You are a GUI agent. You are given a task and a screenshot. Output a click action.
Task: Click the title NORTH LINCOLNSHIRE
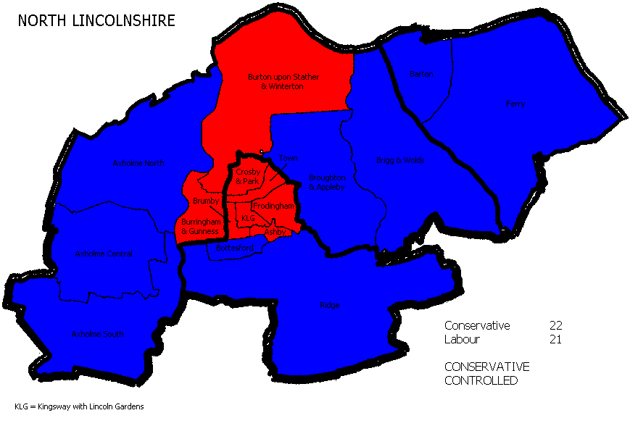[96, 20]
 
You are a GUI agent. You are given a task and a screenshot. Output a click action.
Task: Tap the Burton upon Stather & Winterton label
[283, 81]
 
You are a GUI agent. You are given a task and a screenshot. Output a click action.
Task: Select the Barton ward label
[420, 74]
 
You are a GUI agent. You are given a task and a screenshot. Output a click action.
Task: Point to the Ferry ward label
[515, 104]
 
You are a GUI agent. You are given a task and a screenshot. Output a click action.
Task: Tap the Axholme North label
[134, 164]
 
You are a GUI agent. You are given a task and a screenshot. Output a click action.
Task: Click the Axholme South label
[98, 335]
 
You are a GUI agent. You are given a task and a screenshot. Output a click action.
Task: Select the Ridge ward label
[329, 306]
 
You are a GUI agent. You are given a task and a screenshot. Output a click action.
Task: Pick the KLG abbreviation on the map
[248, 217]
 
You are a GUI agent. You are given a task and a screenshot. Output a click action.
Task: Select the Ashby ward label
[275, 232]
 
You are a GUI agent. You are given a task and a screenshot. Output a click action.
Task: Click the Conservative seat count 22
[556, 325]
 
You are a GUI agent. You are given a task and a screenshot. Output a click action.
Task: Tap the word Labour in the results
[463, 339]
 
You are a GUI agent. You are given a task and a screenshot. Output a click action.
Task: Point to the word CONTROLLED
[481, 380]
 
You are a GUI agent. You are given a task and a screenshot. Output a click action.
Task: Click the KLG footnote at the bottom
[79, 406]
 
